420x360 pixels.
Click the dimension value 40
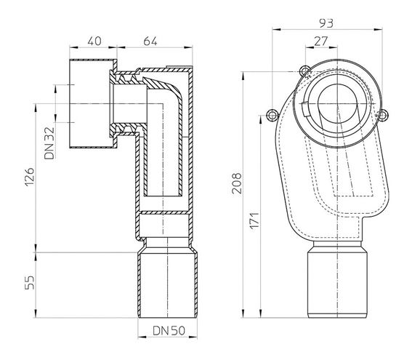point(94,41)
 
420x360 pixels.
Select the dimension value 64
point(150,41)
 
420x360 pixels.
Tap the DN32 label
point(49,143)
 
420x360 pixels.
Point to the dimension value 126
point(30,177)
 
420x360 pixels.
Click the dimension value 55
point(30,282)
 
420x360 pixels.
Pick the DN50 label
point(169,331)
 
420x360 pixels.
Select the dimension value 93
point(326,23)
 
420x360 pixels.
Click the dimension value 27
point(321,41)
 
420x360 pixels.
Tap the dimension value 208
point(237,183)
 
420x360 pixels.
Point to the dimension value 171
point(255,220)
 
